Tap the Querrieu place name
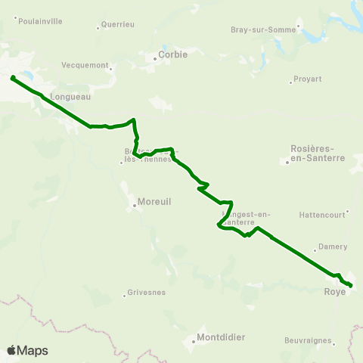click(119, 24)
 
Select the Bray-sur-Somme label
click(265, 30)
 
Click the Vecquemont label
click(85, 66)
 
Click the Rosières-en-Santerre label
click(317, 154)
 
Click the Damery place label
click(333, 247)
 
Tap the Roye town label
click(334, 291)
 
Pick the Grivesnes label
click(147, 292)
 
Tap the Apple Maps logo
click(27, 350)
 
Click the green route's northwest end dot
click(13, 77)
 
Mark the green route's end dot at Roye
click(351, 285)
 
